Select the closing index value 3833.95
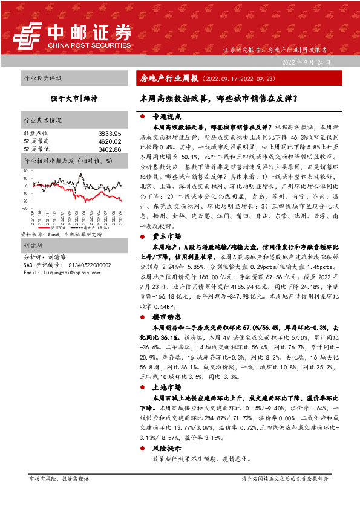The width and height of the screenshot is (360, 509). pyautogui.click(x=110, y=133)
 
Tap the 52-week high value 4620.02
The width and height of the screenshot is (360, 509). pyautogui.click(x=110, y=141)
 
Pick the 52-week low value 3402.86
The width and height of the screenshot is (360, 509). pyautogui.click(x=110, y=149)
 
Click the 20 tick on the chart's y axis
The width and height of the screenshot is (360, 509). pyautogui.click(x=26, y=172)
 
